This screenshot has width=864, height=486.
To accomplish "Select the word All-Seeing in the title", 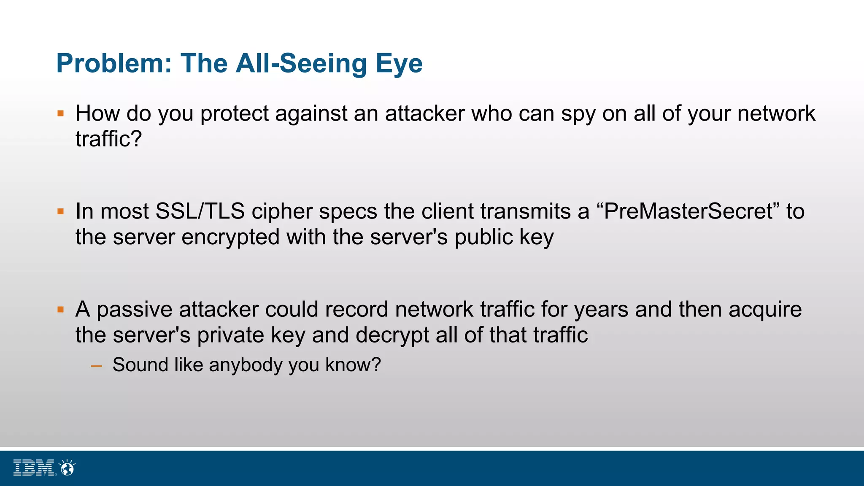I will click(301, 64).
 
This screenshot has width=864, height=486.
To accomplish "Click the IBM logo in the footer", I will click(34, 468).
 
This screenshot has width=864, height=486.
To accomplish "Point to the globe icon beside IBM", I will click(67, 467).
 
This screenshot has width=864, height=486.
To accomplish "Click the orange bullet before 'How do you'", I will click(61, 113).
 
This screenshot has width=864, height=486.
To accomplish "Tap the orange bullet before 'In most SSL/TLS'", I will click(61, 211).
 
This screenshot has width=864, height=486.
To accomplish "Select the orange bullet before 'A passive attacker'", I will click(61, 310).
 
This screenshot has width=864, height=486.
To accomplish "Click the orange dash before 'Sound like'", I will click(97, 366).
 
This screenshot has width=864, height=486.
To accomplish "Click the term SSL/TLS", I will click(200, 211).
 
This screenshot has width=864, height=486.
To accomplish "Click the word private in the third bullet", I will click(230, 335).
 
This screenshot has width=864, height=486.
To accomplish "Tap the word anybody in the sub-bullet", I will click(246, 365).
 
